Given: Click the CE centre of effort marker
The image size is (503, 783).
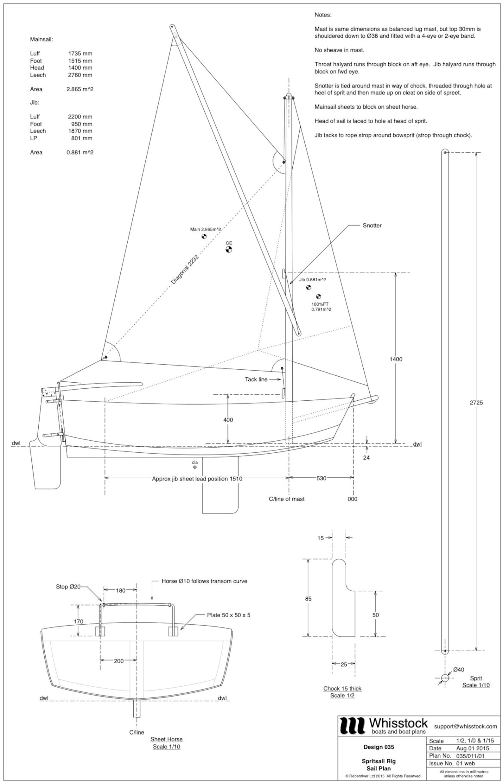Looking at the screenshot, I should (x=229, y=250).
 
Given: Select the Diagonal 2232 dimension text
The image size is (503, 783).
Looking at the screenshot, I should (x=185, y=269).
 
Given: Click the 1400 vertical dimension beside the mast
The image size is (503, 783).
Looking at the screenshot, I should (x=396, y=359).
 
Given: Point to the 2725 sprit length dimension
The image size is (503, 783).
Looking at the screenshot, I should (x=476, y=402).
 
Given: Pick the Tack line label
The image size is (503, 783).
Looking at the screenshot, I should (x=256, y=379).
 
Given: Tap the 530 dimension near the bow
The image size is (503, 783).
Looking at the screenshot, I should (x=321, y=478).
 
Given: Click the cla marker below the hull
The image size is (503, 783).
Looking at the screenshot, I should (x=195, y=467).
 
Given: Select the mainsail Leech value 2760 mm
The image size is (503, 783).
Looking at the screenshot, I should (x=80, y=75).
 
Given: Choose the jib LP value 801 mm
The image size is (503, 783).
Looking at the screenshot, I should (x=82, y=138).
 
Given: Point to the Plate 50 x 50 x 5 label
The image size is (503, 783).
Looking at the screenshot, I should (x=228, y=615).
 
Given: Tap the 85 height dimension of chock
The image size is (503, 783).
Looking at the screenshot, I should (x=308, y=599).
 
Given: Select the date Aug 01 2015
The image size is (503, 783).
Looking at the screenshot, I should (x=472, y=748).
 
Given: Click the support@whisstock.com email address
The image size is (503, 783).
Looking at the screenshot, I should (x=465, y=726).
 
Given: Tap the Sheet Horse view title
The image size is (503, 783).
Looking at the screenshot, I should (x=166, y=739).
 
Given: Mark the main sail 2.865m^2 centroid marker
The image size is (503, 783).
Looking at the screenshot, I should (x=204, y=236).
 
